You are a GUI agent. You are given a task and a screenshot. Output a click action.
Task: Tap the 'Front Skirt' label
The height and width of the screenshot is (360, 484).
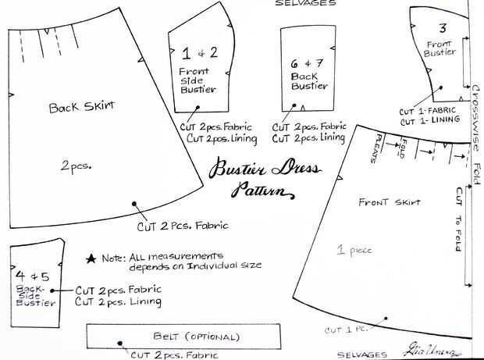click(390, 203)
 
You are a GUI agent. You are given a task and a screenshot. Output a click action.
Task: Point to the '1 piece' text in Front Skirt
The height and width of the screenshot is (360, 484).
click(355, 250)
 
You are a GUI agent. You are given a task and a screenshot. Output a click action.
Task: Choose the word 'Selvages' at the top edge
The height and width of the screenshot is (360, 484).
click(305, 3)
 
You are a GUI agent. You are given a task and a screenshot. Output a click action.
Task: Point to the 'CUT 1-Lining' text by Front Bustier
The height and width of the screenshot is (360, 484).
click(427, 122)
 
